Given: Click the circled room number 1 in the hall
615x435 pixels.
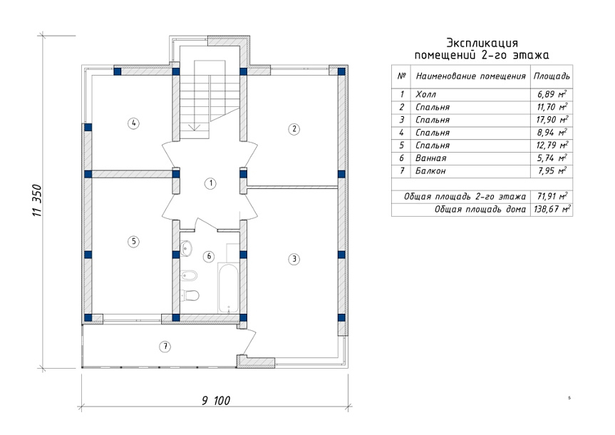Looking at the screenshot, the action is tap(211, 183).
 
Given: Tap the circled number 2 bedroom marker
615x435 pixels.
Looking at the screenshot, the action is tap(294, 129).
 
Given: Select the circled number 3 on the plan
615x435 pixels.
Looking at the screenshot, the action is tap(294, 259).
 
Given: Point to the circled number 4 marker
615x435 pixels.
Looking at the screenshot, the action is tap(134, 123).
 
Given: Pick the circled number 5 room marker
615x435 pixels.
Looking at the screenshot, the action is tap(134, 241).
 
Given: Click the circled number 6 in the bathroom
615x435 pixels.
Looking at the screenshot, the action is tap(209, 257).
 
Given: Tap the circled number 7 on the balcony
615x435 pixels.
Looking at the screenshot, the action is tap(165, 347).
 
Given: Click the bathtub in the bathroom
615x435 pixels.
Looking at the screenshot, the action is tap(228, 288).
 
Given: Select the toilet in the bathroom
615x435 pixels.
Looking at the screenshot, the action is tap(190, 295).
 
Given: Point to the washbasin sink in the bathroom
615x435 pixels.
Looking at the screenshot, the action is tap(186, 248).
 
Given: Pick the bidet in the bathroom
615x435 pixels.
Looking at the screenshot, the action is tap(189, 276).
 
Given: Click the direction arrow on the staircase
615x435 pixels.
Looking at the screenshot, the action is tap(194, 126).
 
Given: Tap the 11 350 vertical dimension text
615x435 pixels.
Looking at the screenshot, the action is tap(37, 200).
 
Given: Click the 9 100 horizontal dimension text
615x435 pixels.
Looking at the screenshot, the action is tap(216, 401).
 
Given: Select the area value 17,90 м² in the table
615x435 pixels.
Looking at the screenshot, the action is tap(552, 119).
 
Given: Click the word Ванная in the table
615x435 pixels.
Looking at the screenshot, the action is tap(430, 158).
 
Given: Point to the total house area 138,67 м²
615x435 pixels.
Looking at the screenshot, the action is tap(552, 209).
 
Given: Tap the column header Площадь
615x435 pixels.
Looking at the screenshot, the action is tap(552, 76).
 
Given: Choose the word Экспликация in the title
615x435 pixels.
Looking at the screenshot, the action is tap(482, 43).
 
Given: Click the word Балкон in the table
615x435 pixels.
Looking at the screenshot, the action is tap(430, 170).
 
